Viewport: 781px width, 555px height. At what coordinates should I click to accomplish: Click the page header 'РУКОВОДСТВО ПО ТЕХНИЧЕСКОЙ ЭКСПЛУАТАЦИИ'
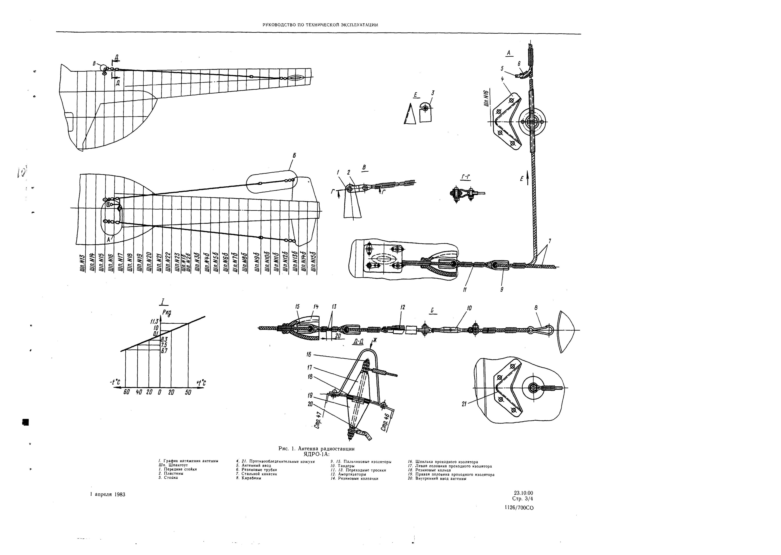coord(320,25)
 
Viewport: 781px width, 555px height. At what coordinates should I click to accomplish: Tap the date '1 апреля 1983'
coord(108,494)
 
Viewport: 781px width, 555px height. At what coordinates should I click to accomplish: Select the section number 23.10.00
coord(523,493)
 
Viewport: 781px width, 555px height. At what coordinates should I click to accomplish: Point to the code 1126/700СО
coord(519,508)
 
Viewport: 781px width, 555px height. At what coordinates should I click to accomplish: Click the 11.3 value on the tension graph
coord(154,321)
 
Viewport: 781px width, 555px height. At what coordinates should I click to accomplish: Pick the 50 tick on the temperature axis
coord(188,392)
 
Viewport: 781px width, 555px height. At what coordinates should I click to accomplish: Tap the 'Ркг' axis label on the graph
coord(166,312)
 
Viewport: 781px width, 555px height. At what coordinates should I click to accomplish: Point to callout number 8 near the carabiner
coord(536,308)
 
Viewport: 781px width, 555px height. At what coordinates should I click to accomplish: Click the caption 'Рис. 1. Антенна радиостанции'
coord(318,448)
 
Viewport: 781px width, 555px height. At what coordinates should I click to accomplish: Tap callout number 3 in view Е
coord(433,93)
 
